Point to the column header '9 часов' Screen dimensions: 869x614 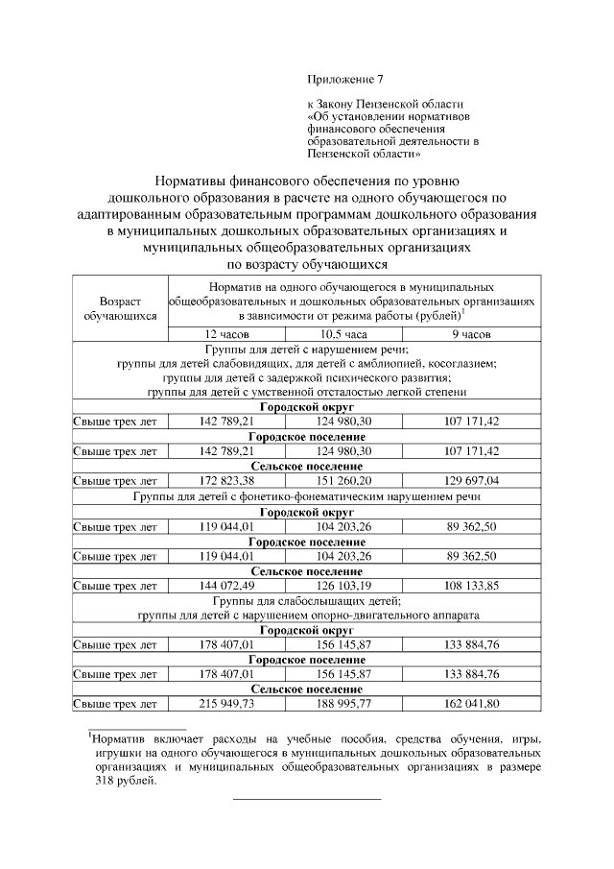[472, 335]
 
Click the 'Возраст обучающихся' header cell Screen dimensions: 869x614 [121, 307]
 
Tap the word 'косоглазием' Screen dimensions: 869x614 [461, 364]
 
